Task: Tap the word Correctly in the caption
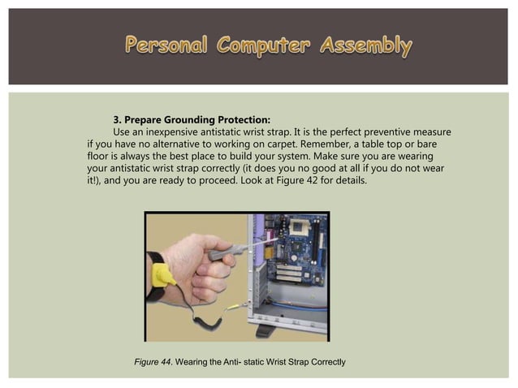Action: pyautogui.click(x=324, y=360)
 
